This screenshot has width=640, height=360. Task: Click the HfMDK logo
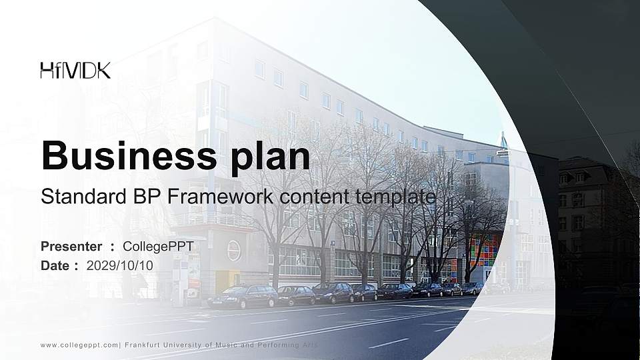tap(75, 70)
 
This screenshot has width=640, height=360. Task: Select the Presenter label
tap(71, 247)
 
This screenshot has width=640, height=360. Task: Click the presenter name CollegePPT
tap(158, 247)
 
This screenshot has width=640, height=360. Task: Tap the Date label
tap(55, 265)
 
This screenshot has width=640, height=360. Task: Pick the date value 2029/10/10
tap(120, 265)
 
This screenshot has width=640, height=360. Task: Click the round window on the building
tap(234, 250)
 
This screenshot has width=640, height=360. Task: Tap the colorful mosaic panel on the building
tap(484, 250)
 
